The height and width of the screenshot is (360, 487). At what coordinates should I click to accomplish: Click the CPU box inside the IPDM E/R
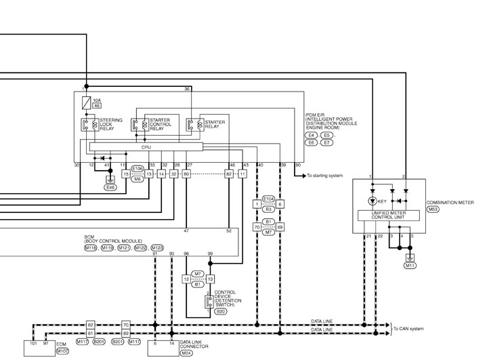(x=146, y=146)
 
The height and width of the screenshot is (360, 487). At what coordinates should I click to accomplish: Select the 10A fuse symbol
(x=86, y=103)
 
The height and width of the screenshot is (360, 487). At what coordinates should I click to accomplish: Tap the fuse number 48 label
(x=97, y=106)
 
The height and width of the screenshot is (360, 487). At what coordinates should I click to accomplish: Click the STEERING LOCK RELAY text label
(x=111, y=124)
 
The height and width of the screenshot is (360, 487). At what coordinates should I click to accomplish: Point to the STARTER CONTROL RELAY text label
(x=161, y=124)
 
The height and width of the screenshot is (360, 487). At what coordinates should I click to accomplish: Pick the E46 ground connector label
(x=110, y=188)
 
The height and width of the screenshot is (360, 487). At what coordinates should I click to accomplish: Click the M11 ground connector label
(x=410, y=266)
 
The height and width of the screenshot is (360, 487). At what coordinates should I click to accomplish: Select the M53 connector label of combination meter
(x=433, y=209)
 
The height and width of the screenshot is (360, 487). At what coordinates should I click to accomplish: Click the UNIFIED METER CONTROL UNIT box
(x=389, y=216)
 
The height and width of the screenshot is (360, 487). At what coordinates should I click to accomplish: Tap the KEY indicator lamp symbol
(x=373, y=201)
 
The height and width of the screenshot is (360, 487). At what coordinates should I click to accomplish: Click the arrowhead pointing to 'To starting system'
(x=303, y=176)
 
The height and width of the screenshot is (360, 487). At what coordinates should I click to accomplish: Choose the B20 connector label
(x=221, y=311)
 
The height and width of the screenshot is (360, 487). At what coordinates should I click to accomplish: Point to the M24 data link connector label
(x=186, y=353)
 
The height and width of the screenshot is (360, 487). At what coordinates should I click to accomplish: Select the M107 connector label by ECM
(x=62, y=351)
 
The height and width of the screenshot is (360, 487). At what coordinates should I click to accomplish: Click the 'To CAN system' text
(x=408, y=329)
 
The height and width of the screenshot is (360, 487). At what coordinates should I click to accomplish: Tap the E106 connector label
(x=137, y=169)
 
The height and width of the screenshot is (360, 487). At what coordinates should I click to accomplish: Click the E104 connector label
(x=269, y=199)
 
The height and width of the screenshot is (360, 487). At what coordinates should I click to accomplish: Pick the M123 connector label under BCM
(x=157, y=247)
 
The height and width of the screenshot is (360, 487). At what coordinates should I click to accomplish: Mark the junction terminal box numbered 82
(x=229, y=174)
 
